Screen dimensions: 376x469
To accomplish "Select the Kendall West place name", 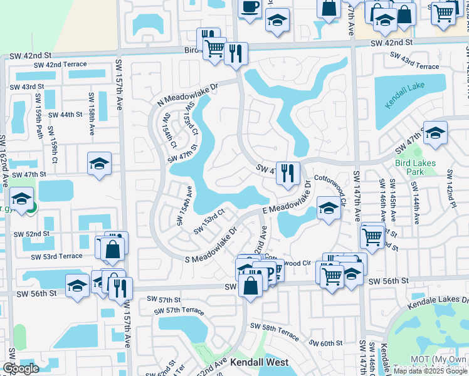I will pos(259,362).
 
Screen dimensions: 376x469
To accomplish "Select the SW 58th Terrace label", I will pos(275,330).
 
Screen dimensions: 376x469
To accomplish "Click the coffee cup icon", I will pos(250,8).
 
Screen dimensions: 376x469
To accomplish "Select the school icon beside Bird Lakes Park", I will pos(435,132).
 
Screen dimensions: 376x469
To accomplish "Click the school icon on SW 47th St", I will pos(99,164).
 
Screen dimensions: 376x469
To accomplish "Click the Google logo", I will pos(21,368).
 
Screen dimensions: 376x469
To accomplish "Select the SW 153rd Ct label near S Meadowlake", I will pos(208,221).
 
